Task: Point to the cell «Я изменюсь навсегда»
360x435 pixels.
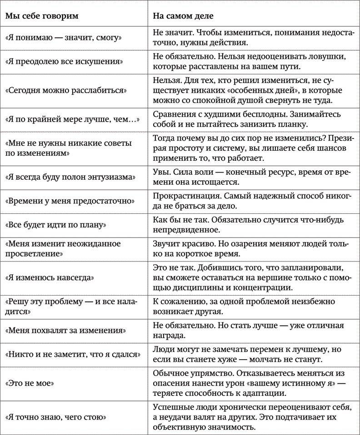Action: coord(55,277)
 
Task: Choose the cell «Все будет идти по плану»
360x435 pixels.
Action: coord(56,224)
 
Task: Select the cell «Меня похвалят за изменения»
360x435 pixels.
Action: coord(65,331)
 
